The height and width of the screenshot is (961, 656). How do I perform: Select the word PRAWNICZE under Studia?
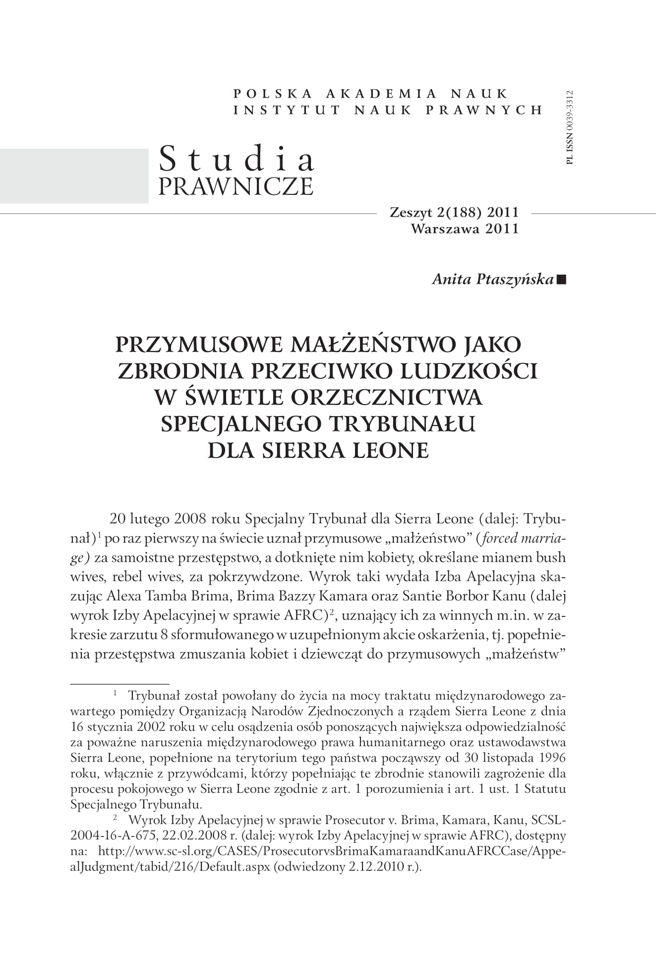(236, 186)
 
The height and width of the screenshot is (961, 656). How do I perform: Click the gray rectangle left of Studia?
(74, 175)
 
